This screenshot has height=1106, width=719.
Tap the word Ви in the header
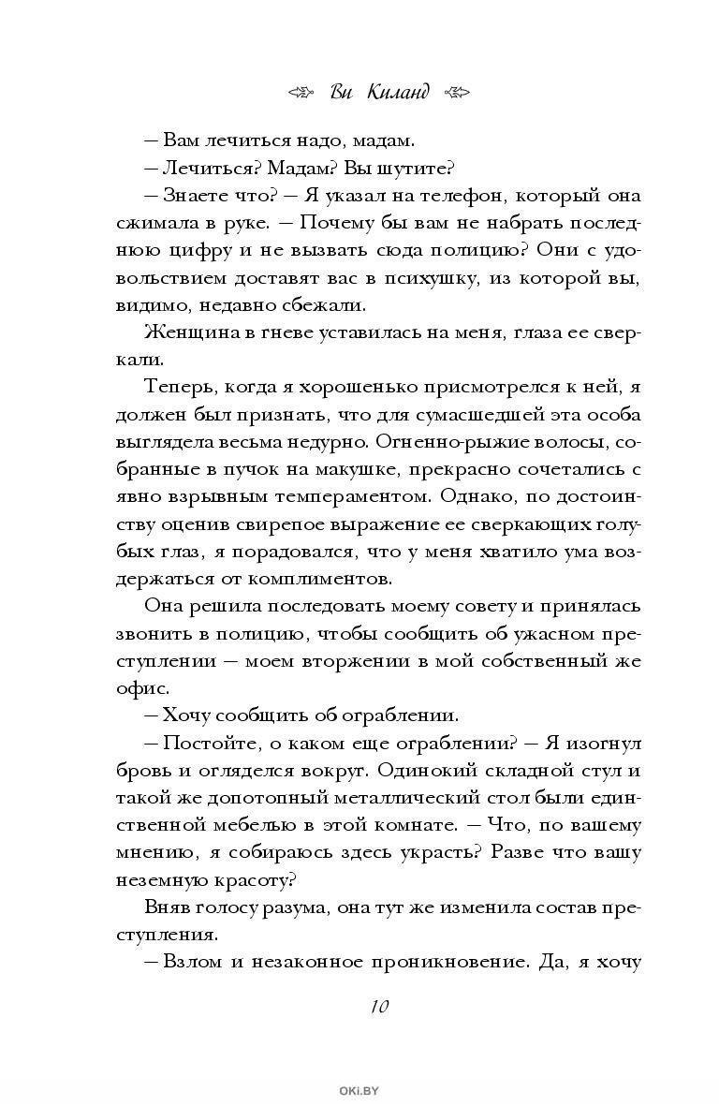tap(342, 92)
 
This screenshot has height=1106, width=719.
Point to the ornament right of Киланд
tap(456, 92)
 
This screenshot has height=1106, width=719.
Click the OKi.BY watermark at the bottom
tap(359, 1090)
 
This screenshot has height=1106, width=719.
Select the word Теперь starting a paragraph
tap(181, 387)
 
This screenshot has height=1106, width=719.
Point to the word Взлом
tap(191, 962)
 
